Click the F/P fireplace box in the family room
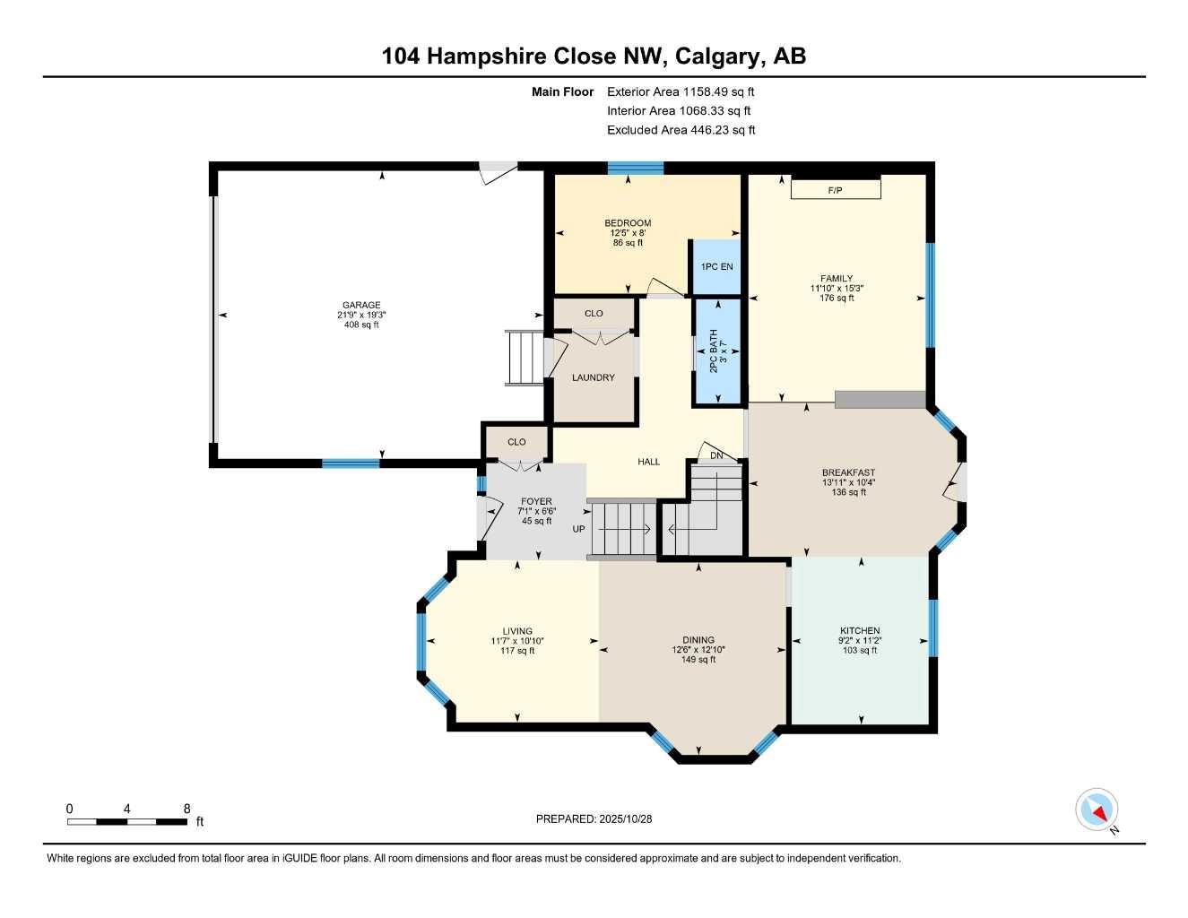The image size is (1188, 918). (836, 189)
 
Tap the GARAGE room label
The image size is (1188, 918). (361, 305)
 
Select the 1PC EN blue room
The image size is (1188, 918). (716, 266)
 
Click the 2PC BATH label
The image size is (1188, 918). (715, 351)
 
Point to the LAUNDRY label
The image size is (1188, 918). (594, 377)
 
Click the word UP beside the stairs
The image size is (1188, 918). (578, 529)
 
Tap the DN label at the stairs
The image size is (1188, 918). (716, 455)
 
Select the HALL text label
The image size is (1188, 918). (648, 462)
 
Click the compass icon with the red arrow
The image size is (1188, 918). (1097, 810)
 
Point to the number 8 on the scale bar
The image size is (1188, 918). (186, 809)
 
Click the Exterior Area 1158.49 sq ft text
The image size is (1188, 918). (681, 91)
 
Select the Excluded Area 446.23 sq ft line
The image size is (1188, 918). (681, 130)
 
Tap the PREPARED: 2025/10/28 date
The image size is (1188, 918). (594, 818)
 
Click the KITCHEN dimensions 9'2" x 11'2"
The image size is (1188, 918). (860, 640)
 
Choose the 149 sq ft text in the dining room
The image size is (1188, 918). (698, 660)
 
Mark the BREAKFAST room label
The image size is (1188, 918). (848, 472)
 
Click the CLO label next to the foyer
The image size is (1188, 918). (516, 442)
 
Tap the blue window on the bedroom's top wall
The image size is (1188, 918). (636, 168)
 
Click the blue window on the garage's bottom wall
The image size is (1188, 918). (351, 463)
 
